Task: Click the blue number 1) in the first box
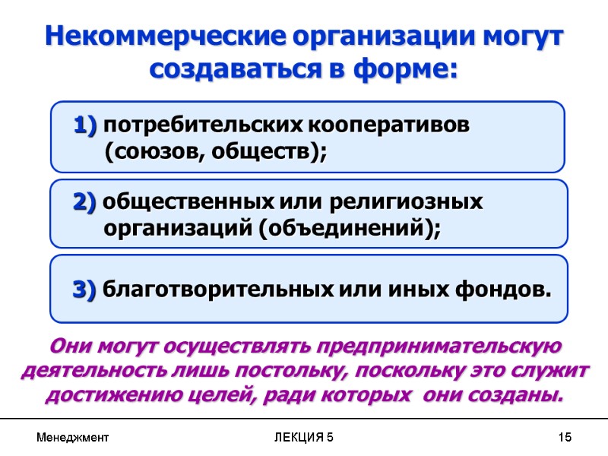(x=85, y=125)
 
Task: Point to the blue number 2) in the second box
(x=85, y=203)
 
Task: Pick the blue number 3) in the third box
(x=84, y=290)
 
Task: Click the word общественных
(x=188, y=203)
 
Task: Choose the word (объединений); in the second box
(x=350, y=229)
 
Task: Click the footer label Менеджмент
(x=73, y=438)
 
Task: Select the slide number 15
(x=564, y=438)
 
